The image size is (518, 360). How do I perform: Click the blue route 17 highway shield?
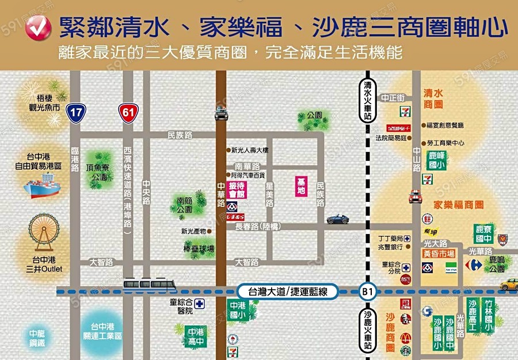click(x=75, y=113)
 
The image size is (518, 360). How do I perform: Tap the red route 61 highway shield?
click(x=128, y=113)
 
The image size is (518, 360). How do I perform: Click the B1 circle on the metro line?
click(x=367, y=292)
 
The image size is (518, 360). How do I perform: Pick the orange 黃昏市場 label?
click(x=439, y=253)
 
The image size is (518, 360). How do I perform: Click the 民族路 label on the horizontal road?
click(x=180, y=135)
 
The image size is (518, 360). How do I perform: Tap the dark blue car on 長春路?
click(x=338, y=219)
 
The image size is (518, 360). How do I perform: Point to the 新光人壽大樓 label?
click(x=249, y=150)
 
